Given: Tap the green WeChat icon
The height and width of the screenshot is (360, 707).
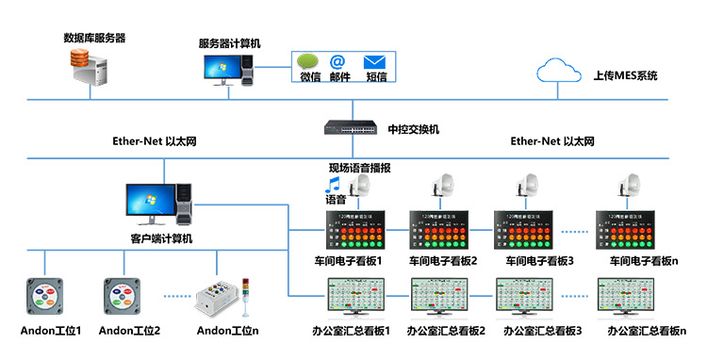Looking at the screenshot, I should [310, 61].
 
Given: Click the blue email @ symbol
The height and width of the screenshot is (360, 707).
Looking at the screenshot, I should [337, 61].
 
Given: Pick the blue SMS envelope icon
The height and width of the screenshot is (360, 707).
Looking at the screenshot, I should [375, 61].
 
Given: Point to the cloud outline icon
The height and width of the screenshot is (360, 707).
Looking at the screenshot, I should [557, 71].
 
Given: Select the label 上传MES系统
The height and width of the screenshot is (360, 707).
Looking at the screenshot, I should [625, 74].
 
